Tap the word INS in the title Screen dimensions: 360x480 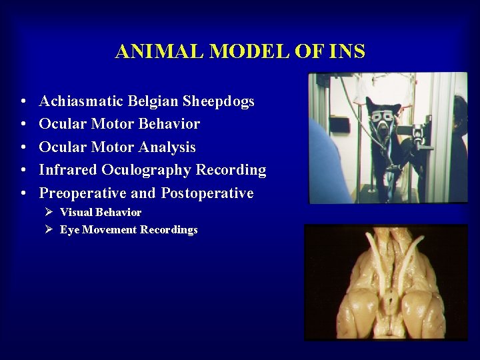pyautogui.click(x=347, y=52)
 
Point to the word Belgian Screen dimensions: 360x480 pyautogui.click(x=151, y=101)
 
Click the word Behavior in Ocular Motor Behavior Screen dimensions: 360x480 pyautogui.click(x=171, y=124)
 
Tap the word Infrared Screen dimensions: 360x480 pyautogui.click(x=68, y=170)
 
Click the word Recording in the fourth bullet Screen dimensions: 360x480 pyautogui.click(x=231, y=170)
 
